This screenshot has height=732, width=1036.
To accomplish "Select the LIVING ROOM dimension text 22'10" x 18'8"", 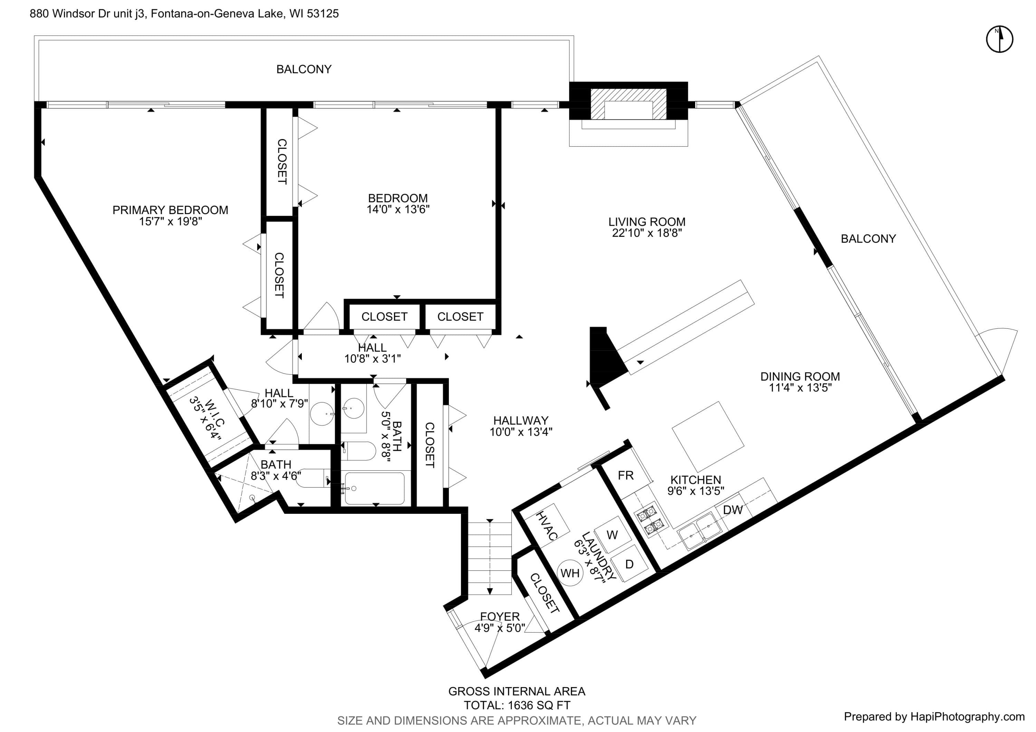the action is (x=646, y=233).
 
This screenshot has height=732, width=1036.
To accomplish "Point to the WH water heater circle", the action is (x=570, y=573).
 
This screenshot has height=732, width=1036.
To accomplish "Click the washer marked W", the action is (x=612, y=535).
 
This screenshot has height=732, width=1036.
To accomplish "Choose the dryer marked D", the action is (x=629, y=564).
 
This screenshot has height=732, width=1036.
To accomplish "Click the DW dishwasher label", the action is (x=733, y=510).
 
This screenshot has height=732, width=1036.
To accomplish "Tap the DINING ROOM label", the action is (x=800, y=376).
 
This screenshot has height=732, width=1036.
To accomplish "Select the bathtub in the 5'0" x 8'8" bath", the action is (x=374, y=489).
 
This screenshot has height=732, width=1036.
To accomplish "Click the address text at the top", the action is (x=184, y=13).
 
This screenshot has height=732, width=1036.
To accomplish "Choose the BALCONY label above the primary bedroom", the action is (x=304, y=69).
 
